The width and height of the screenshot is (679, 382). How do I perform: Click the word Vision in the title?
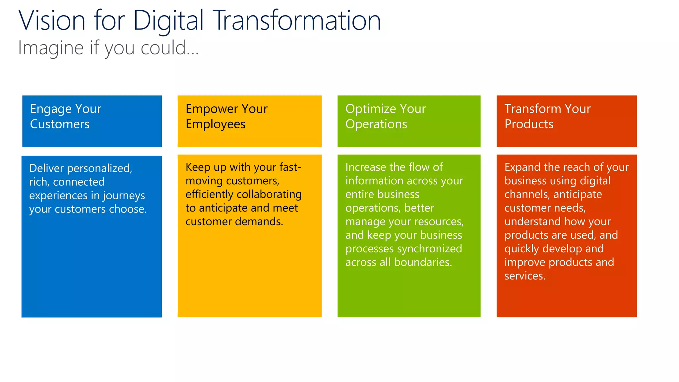[x=52, y=21]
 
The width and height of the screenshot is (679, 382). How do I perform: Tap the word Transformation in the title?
[x=297, y=21]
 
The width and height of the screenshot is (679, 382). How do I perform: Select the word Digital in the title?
[x=168, y=21]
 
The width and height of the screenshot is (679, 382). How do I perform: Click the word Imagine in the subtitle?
[x=50, y=48]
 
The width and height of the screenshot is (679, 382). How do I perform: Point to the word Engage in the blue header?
[x=51, y=109]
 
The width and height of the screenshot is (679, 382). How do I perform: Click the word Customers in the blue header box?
[x=60, y=124]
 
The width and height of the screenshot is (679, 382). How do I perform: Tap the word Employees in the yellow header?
[x=216, y=124]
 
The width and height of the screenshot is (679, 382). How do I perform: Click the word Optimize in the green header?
[x=371, y=109]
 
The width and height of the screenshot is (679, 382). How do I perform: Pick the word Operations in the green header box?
[x=376, y=124]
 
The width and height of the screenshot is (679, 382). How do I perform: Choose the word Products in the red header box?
[x=529, y=124]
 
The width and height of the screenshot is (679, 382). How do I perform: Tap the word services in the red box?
[x=525, y=276]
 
